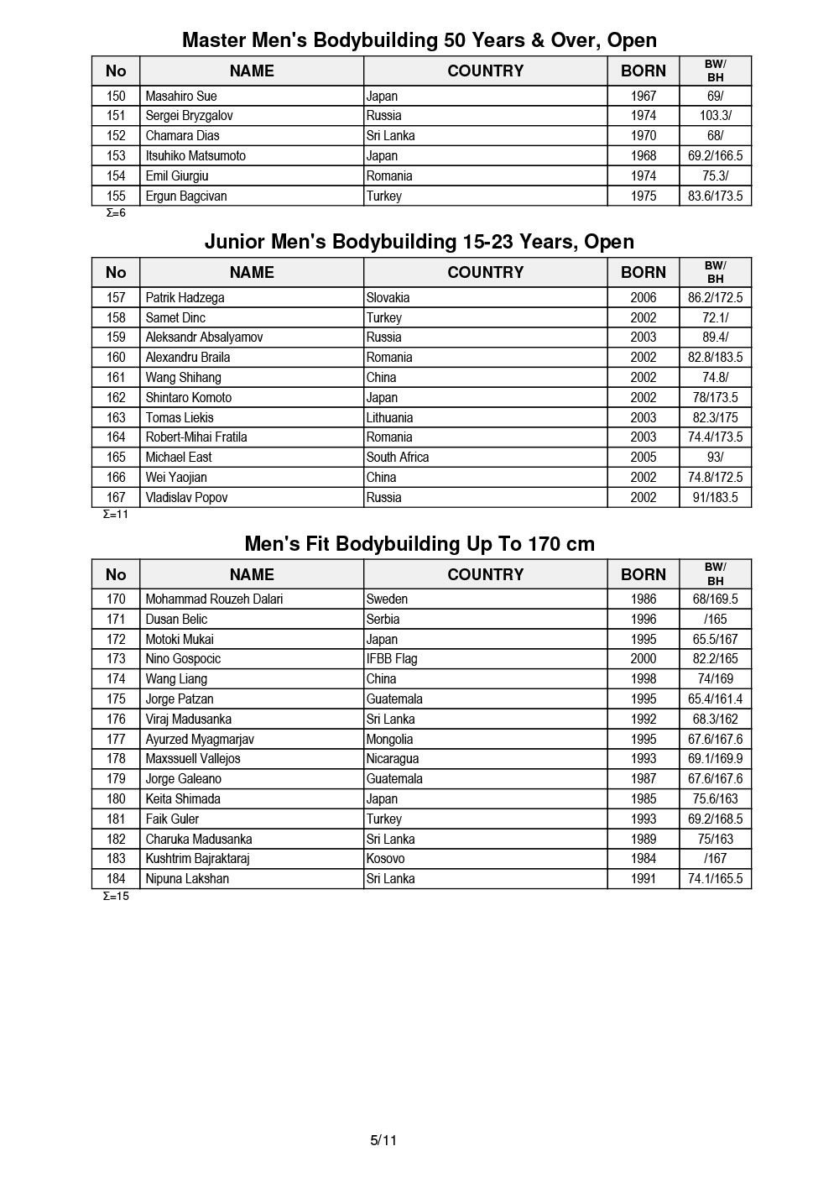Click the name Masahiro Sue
point(181,96)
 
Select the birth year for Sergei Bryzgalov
point(644,116)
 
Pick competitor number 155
point(116,196)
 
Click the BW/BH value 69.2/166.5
point(715,156)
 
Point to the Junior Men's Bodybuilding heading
point(419,242)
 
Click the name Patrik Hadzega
point(185,297)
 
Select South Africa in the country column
point(398,458)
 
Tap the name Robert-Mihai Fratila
point(196,437)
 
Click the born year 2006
point(644,297)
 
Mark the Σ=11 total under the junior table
point(115,514)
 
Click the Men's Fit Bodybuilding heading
point(419,544)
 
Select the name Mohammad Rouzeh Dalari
point(214,599)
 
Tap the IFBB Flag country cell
point(392,659)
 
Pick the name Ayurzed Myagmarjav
point(200,739)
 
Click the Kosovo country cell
point(385,859)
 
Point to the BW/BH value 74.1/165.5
point(715,879)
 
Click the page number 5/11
point(383,1140)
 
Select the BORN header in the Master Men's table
point(644,71)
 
